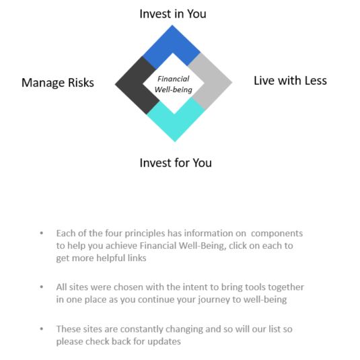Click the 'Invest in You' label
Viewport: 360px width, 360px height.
(173, 13)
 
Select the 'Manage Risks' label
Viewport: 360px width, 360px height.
(58, 83)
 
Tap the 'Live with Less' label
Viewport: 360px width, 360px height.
(290, 81)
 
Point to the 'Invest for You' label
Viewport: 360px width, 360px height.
(176, 163)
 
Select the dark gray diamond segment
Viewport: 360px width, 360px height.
(135, 85)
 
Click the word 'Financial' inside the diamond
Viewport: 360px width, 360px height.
(174, 79)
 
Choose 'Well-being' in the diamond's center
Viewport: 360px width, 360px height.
(174, 89)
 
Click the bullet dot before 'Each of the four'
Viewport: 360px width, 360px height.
(42, 233)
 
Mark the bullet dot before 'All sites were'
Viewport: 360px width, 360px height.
(42, 287)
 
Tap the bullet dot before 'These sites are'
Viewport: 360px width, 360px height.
(42, 329)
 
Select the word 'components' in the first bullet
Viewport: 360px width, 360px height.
(277, 233)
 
